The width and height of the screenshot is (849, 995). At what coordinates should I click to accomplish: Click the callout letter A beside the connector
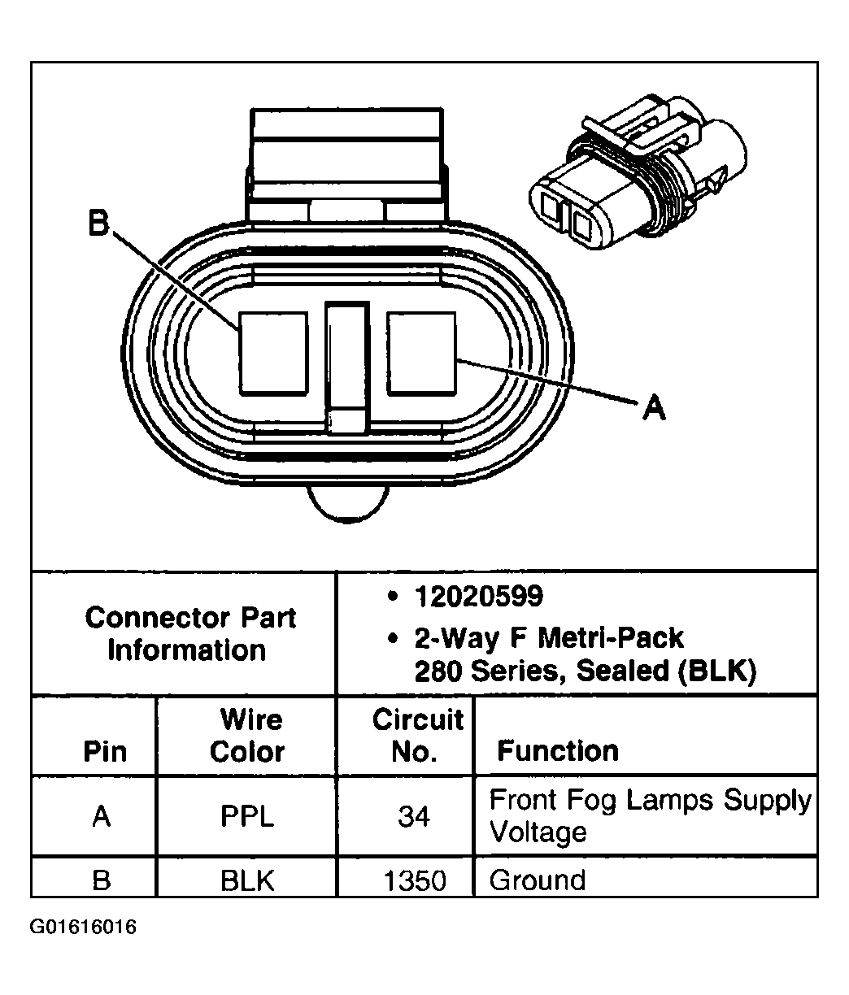654,406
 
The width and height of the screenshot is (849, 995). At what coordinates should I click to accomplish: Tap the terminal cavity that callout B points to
273,354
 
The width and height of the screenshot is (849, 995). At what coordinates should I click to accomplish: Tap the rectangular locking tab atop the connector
347,154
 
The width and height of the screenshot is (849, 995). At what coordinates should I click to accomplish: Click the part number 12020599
478,597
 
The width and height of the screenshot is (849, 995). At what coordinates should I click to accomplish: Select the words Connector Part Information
189,634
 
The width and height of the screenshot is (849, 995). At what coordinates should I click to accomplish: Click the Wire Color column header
246,736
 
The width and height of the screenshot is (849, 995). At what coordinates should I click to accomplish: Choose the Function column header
558,750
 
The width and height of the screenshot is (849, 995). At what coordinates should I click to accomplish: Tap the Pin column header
106,751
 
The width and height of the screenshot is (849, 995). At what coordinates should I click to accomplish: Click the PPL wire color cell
246,815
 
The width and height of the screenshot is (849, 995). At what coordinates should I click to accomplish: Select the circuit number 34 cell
414,815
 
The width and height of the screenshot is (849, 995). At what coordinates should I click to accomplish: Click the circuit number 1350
414,880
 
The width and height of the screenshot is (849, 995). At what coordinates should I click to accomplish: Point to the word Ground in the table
538,880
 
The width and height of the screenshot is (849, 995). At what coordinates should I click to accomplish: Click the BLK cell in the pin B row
246,880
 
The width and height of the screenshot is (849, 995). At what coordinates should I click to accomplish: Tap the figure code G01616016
83,928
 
